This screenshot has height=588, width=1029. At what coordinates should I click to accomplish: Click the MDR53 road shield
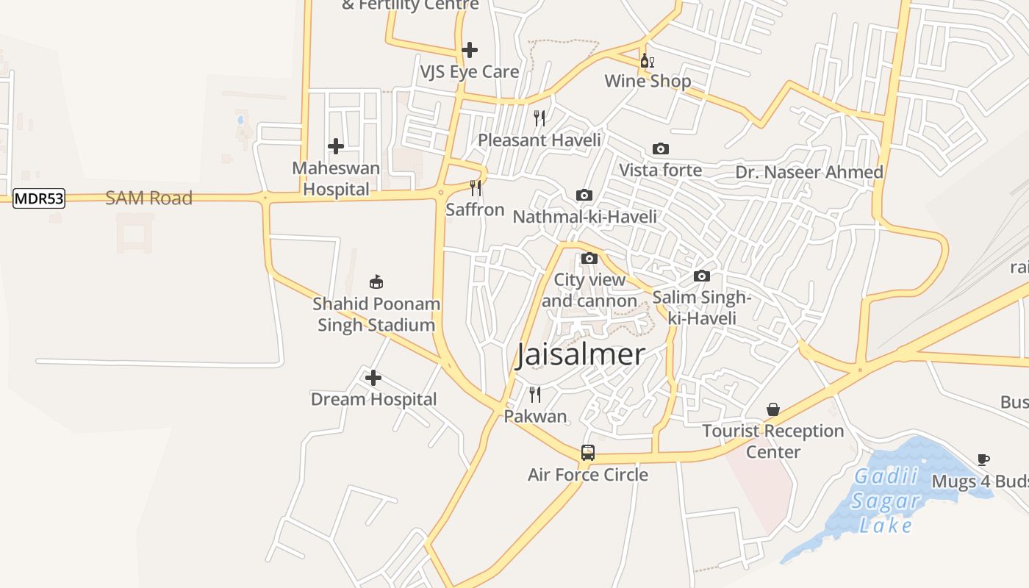point(39,198)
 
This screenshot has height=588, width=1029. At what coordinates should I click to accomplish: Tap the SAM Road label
point(148,198)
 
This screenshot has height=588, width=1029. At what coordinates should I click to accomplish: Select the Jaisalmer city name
point(581,354)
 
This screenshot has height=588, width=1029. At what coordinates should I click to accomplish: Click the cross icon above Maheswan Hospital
point(336,146)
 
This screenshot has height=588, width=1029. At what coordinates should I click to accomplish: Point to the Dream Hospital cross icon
point(373,378)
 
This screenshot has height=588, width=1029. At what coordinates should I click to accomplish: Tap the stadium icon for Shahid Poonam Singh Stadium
point(376,282)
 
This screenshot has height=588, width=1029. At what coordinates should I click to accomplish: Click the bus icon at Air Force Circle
point(588,453)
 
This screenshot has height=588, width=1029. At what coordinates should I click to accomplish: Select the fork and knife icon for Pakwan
point(535,395)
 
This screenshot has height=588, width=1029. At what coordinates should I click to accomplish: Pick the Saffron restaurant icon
point(476,188)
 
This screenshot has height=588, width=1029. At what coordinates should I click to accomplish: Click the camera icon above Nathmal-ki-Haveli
point(584,195)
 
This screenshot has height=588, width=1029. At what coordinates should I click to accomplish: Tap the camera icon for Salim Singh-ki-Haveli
point(702,276)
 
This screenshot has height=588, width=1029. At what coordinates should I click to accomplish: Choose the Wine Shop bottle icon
point(647,60)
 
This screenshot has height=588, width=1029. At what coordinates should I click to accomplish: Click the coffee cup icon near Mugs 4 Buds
point(983,460)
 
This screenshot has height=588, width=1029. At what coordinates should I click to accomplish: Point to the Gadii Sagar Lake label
point(886,501)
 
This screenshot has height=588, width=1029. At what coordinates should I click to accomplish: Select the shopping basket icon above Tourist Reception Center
point(773,409)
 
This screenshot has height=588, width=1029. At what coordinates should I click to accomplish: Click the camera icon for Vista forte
point(661,149)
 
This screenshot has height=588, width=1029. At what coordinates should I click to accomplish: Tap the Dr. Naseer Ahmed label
point(809,172)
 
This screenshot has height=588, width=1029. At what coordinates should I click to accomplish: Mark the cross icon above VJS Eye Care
point(470,50)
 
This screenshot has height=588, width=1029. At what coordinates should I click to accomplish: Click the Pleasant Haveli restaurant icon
point(539,118)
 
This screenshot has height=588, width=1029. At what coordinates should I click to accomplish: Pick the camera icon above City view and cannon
point(589,259)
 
